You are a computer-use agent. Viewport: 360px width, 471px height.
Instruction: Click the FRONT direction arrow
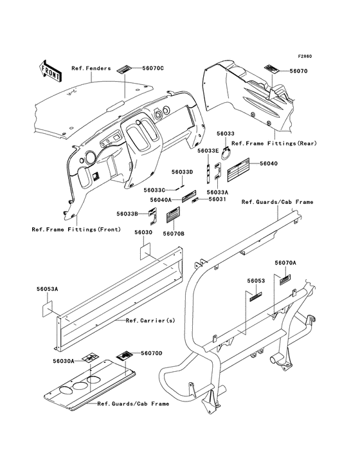[50, 71]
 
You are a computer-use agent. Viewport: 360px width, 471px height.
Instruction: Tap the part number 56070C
[153, 68]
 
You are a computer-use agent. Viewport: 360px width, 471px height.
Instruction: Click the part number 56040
[269, 163]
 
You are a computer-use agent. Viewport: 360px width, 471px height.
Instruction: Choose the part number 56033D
[182, 172]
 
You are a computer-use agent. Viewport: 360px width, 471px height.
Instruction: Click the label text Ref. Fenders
[91, 68]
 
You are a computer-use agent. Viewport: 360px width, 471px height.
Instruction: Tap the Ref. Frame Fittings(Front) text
[76, 229]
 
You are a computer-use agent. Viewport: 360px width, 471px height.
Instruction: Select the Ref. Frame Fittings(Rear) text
[274, 143]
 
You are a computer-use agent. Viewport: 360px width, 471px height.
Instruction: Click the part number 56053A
[48, 289]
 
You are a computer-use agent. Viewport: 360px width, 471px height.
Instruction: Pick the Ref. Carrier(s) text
[150, 320]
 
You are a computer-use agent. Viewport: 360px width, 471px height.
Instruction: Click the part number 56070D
[152, 353]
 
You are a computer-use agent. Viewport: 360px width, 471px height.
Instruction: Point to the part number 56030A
[63, 361]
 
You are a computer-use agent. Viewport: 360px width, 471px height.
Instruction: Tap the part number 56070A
[285, 263]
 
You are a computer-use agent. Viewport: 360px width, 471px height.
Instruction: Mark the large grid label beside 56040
[239, 170]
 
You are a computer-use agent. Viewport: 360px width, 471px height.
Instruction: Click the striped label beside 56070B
[173, 215]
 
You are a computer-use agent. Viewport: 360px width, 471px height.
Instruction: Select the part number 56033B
[127, 214]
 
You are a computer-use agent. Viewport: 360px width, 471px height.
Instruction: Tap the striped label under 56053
[256, 297]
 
